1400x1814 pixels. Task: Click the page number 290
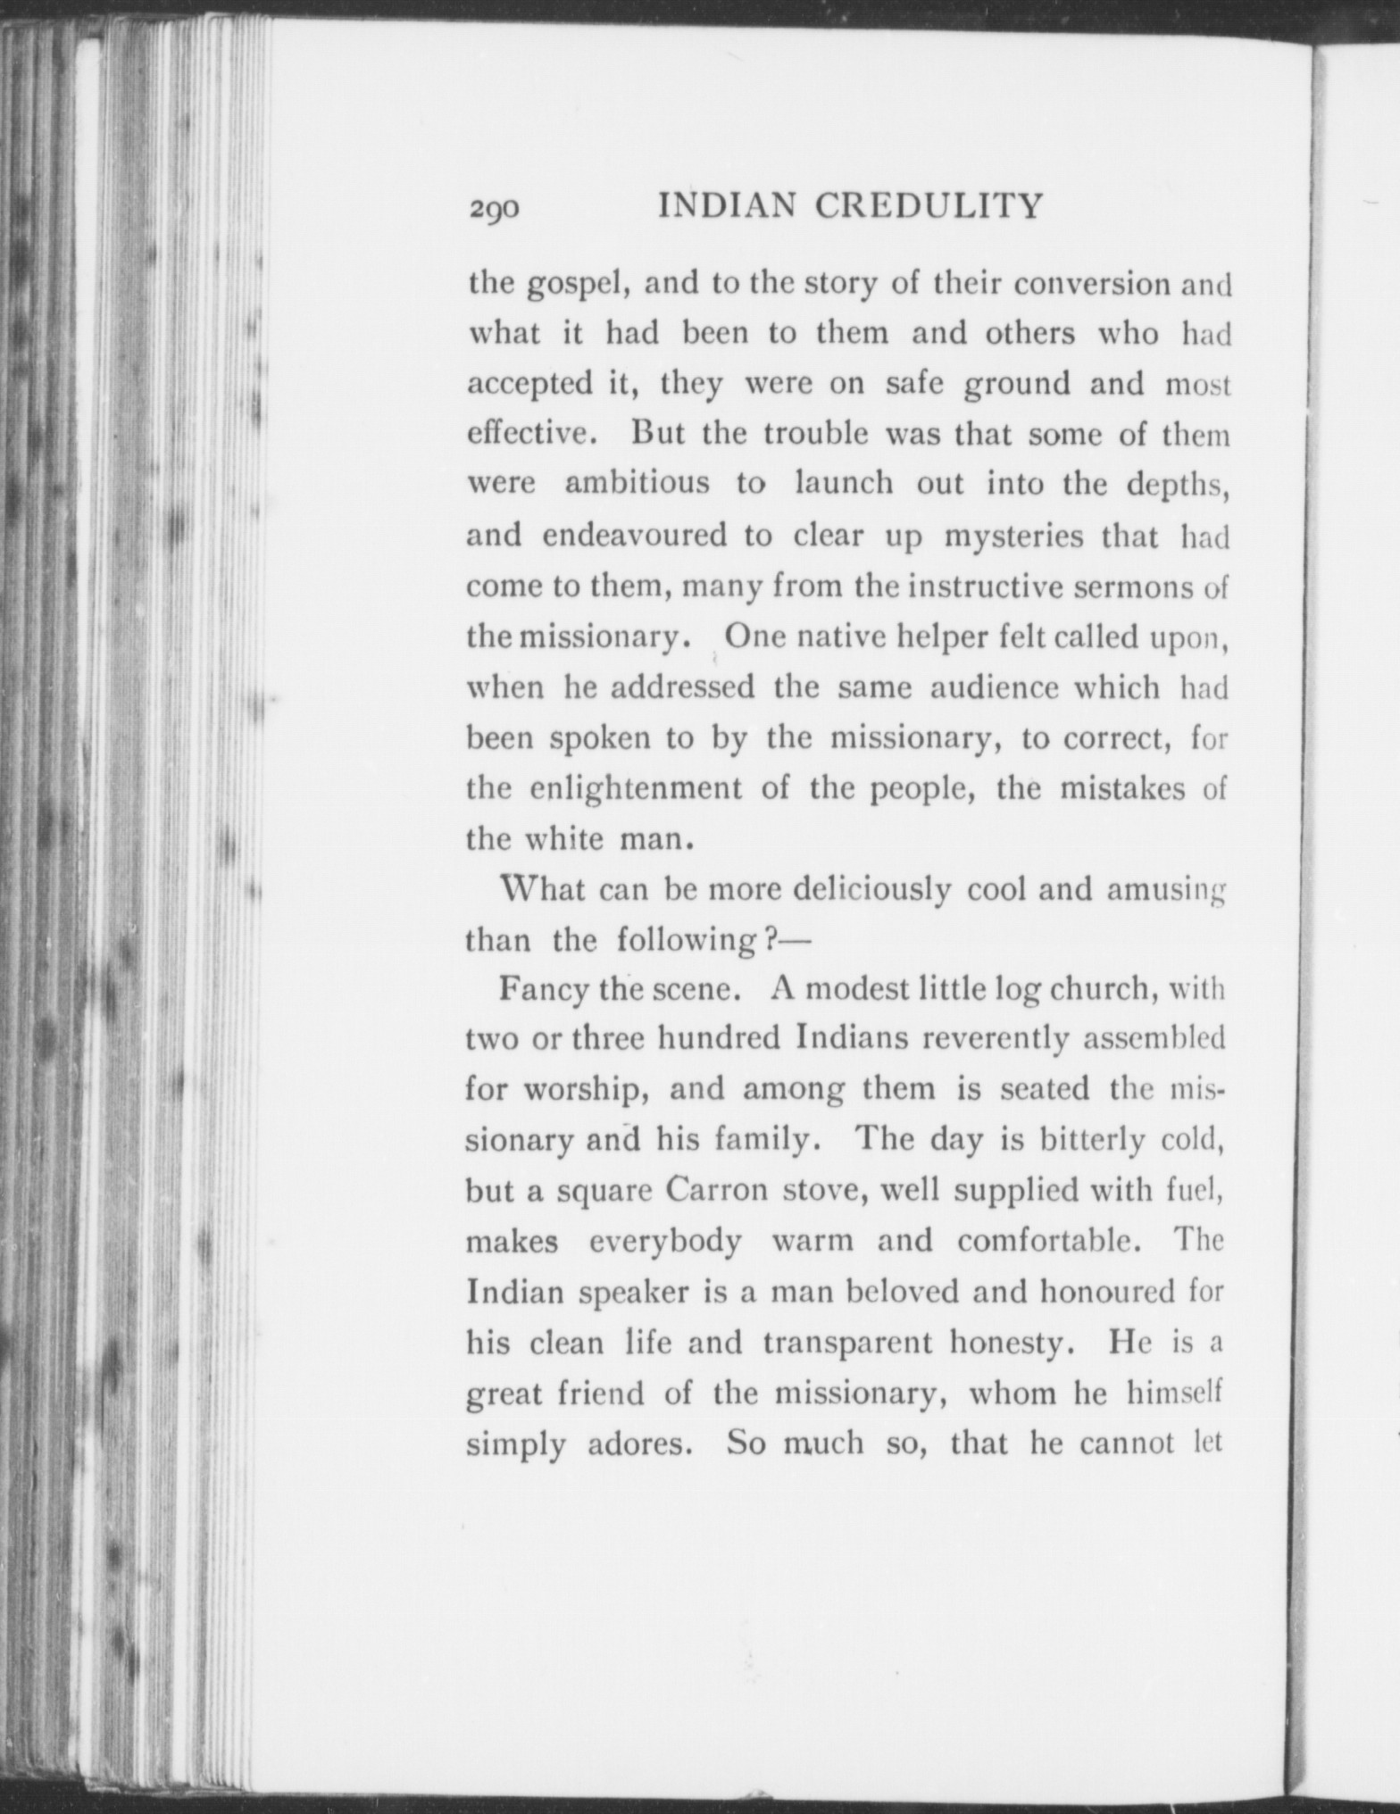coord(493,210)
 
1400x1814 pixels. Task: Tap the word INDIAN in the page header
coord(727,207)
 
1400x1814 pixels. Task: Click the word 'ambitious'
coord(637,483)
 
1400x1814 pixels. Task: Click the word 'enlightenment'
coord(636,790)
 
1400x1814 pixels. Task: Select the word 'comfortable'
coord(1050,1242)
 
